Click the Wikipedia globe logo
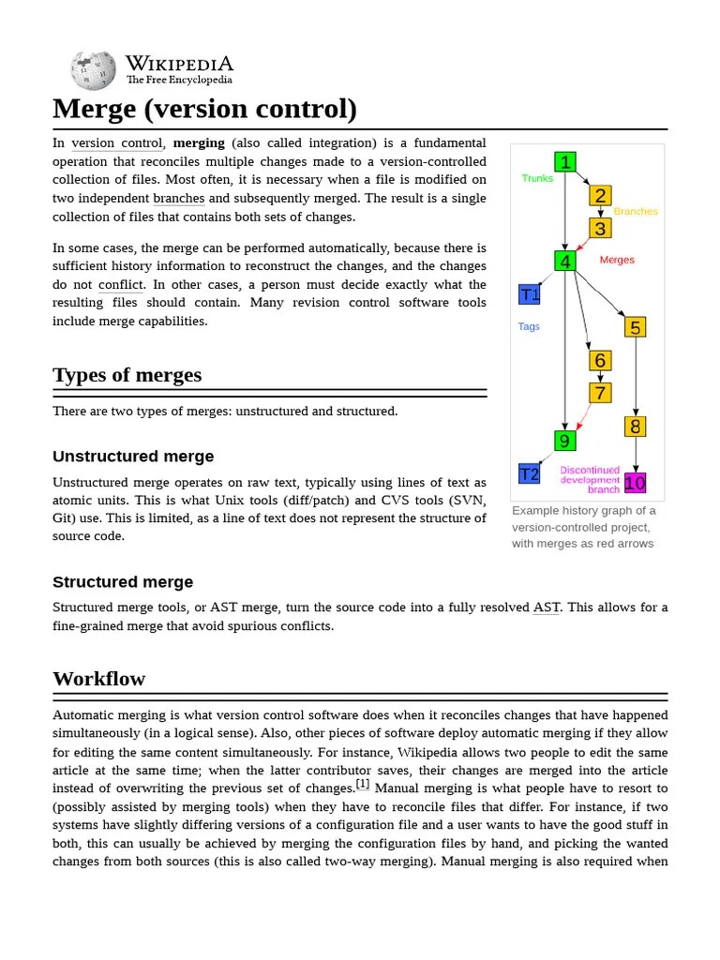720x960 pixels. coord(94,70)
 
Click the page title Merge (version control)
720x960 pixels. coord(204,109)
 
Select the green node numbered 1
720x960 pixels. coord(564,162)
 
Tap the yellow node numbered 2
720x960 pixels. coord(600,195)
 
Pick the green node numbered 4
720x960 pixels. coord(564,261)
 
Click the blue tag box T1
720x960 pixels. coord(530,294)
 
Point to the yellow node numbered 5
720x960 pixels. coord(636,327)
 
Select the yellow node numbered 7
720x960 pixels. coord(600,393)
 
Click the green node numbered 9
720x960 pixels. coord(564,441)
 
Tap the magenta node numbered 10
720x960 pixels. coord(636,483)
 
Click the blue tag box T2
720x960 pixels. coord(530,473)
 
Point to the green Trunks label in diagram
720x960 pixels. coord(537,178)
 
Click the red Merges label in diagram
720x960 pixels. coord(617,260)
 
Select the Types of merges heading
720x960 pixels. coord(127,375)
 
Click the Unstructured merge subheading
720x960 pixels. coord(133,457)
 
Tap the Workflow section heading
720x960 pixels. coord(98,678)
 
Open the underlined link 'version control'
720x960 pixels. coord(117,143)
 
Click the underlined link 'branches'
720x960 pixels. coord(178,199)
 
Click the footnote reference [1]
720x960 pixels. coord(363,784)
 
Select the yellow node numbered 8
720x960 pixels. coord(636,427)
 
